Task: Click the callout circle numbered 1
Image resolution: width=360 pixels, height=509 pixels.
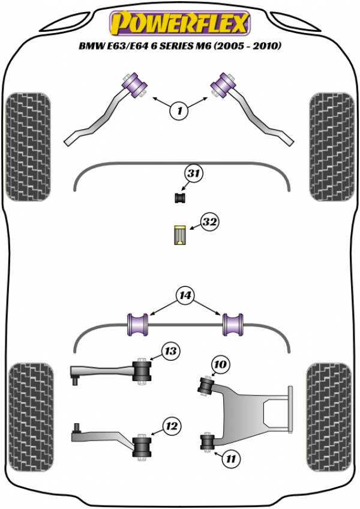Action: coord(178,109)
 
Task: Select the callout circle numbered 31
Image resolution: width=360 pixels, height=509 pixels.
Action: coord(193,175)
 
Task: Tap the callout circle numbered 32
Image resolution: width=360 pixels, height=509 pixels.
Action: coord(209,223)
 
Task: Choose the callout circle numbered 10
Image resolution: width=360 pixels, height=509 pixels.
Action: coord(220,364)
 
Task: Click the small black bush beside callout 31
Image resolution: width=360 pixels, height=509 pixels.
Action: coord(179,197)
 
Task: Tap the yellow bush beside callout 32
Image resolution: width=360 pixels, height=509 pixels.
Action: coord(179,235)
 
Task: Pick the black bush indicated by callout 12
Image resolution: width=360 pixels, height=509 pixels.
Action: coord(142,445)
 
